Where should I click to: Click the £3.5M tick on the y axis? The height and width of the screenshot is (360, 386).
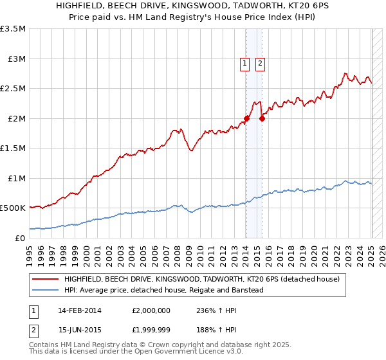(14, 29)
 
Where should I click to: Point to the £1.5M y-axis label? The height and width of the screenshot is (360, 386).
(14, 148)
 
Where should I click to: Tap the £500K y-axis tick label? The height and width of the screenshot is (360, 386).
(13, 208)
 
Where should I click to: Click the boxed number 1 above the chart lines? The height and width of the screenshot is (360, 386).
(245, 63)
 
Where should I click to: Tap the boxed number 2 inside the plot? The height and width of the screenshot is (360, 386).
(260, 63)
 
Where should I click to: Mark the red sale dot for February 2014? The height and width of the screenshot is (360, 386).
(246, 118)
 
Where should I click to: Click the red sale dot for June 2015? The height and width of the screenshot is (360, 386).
(262, 118)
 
